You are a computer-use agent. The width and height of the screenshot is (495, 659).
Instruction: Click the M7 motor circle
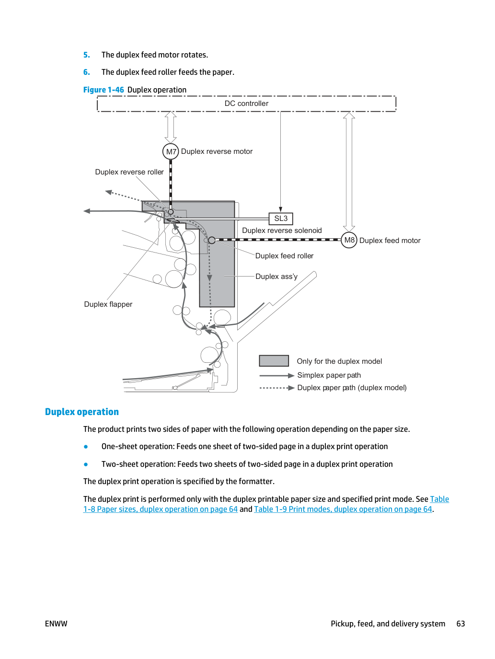(171, 151)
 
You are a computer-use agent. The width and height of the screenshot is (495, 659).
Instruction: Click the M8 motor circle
(349, 240)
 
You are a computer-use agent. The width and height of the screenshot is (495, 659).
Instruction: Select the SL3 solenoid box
(281, 219)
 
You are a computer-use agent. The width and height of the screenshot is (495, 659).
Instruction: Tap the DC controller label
(246, 104)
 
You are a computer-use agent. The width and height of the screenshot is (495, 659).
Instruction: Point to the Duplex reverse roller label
(129, 172)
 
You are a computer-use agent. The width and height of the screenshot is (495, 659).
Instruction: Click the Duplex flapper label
(108, 304)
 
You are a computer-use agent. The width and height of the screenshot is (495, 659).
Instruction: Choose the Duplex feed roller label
(284, 256)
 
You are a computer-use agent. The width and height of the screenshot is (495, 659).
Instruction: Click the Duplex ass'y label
(276, 277)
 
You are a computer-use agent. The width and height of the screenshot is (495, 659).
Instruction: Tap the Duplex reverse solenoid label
(282, 231)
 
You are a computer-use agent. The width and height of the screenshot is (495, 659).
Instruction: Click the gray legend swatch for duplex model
(274, 360)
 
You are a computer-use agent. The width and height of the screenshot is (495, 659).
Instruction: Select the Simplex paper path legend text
(329, 375)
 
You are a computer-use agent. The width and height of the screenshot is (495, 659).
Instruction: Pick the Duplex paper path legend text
(352, 388)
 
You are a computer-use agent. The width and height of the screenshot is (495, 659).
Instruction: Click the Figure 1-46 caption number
(104, 90)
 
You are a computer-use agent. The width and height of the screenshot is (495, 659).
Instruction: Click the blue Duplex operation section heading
(82, 412)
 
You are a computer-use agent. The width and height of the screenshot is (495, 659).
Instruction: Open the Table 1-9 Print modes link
(343, 509)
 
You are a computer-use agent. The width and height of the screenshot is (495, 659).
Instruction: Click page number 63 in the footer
(460, 624)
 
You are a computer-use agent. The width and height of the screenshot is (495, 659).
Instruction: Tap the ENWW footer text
(56, 624)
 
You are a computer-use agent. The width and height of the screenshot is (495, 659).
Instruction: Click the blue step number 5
(86, 55)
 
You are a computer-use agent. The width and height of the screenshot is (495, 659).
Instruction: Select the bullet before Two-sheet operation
(86, 464)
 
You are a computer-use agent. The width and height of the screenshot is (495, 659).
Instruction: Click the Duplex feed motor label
(390, 241)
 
